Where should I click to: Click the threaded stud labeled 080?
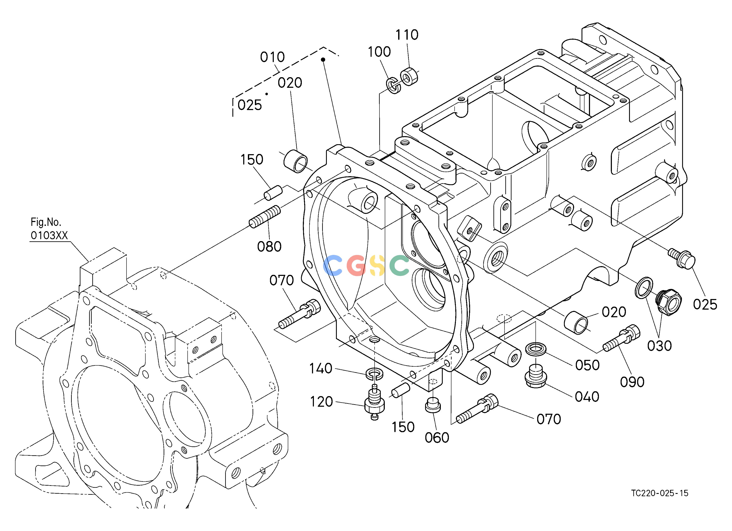(x=265, y=217)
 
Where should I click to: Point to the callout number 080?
(x=269, y=247)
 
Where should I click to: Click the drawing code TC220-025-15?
(x=660, y=493)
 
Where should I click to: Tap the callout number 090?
(x=632, y=382)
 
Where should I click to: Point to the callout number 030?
(x=659, y=346)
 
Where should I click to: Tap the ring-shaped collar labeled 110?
(x=409, y=76)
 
